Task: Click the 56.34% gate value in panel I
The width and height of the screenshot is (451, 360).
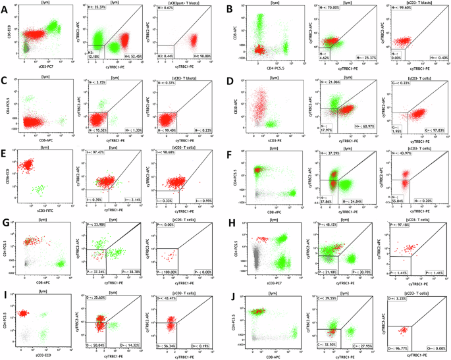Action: [170, 347]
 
